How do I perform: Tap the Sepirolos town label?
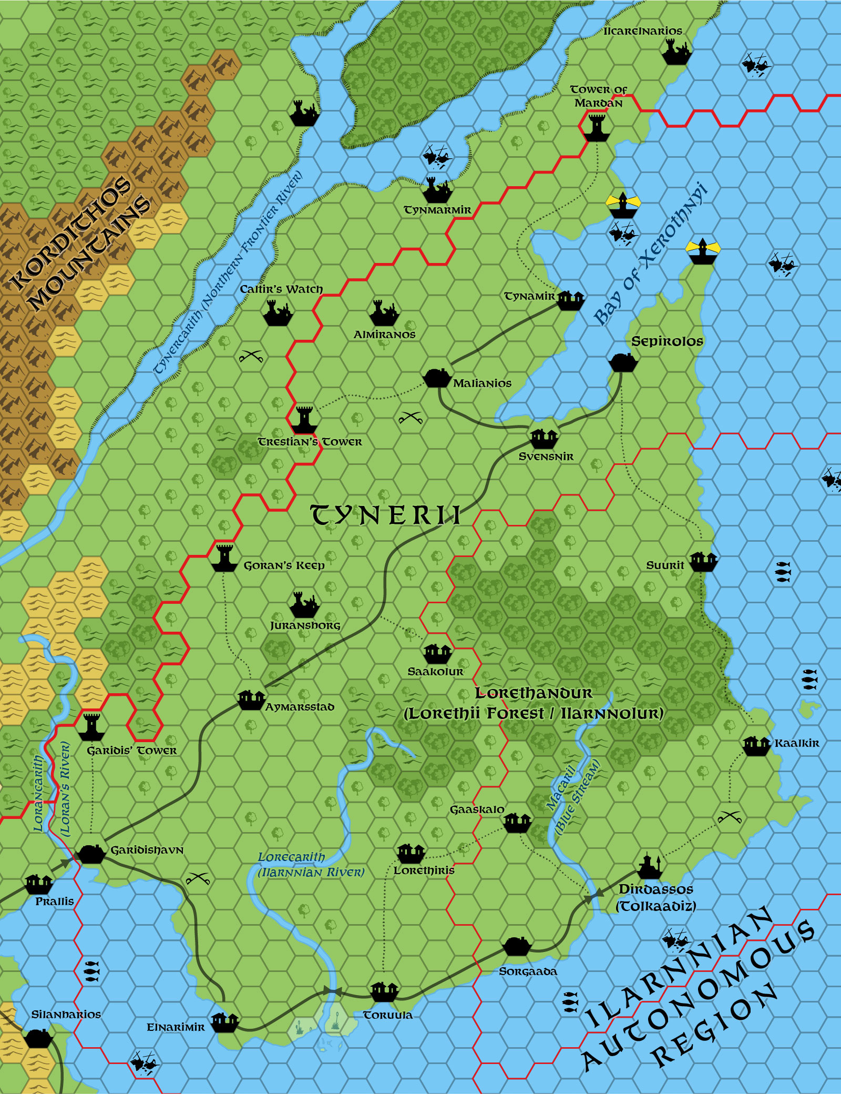pyautogui.click(x=667, y=341)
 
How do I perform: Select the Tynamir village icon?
pyautogui.click(x=571, y=300)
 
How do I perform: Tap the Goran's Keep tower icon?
pyautogui.click(x=224, y=558)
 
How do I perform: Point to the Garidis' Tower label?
pyautogui.click(x=132, y=751)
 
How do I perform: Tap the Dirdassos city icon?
pyautogui.click(x=650, y=866)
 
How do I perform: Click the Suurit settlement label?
pyautogui.click(x=665, y=565)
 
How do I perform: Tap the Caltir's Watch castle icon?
pyautogui.click(x=278, y=313)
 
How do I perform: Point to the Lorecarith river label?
pyautogui.click(x=291, y=857)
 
